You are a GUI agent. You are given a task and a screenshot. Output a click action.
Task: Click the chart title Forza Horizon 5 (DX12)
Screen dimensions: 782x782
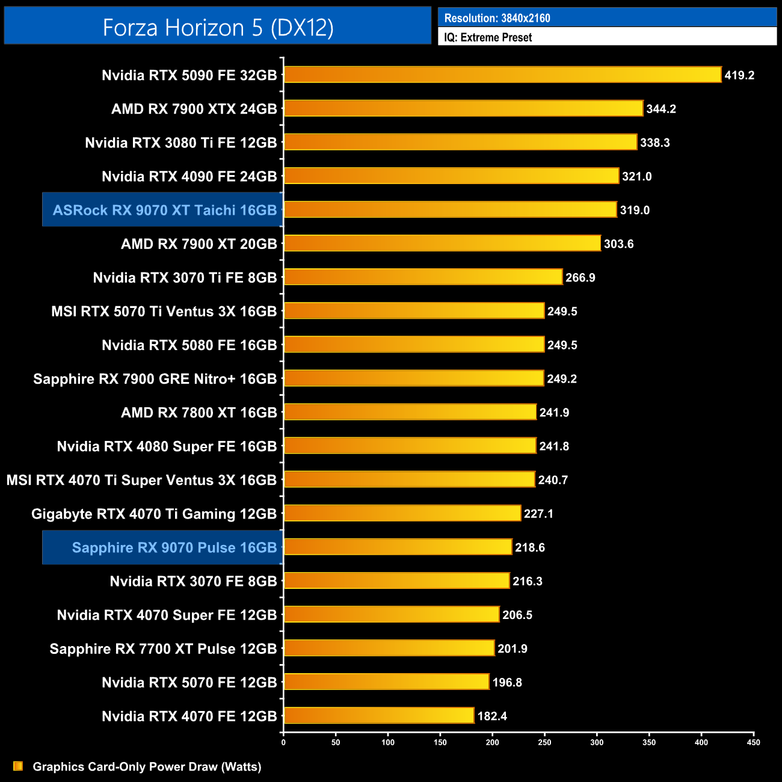coord(218,27)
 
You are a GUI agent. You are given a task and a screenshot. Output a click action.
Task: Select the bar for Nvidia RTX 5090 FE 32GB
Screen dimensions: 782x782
coord(502,75)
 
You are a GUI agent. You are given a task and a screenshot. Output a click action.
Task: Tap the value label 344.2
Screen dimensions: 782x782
coord(661,109)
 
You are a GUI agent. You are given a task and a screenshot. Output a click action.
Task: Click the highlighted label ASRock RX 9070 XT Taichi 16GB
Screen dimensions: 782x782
coord(164,210)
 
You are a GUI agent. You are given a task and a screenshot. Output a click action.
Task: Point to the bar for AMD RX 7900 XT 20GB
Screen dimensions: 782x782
coord(442,243)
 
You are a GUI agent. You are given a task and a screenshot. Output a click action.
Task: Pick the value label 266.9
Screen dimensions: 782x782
coord(580,277)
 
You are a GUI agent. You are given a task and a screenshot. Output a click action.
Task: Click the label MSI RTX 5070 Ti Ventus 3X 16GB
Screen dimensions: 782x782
coord(164,311)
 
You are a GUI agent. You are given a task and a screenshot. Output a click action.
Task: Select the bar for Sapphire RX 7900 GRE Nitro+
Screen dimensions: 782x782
coord(414,378)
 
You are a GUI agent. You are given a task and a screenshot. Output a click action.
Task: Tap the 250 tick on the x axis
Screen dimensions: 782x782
coord(544,742)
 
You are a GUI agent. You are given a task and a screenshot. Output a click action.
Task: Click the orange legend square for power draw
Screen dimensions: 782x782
coord(18,766)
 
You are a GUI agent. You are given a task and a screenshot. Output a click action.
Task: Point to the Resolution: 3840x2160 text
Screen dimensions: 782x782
coord(497,18)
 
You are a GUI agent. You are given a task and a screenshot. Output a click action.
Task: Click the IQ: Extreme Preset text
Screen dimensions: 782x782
coord(488,37)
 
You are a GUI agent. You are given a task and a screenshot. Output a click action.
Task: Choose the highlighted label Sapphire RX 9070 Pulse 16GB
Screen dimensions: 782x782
coord(174,547)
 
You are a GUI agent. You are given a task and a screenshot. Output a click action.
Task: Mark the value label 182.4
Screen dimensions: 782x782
coord(492,716)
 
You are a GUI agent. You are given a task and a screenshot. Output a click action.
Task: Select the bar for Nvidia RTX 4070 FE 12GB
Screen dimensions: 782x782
coord(379,715)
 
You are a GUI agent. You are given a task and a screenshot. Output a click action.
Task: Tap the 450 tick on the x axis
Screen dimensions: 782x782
coord(753,742)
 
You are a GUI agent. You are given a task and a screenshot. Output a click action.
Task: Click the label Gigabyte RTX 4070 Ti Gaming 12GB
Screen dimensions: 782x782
coord(153,514)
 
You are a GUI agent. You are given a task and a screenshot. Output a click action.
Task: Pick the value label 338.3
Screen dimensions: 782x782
coord(654,143)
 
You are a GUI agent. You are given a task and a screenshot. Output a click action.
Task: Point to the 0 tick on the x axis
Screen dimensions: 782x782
coord(283,742)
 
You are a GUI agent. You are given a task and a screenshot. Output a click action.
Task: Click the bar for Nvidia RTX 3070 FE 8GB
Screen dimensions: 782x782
coord(396,580)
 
